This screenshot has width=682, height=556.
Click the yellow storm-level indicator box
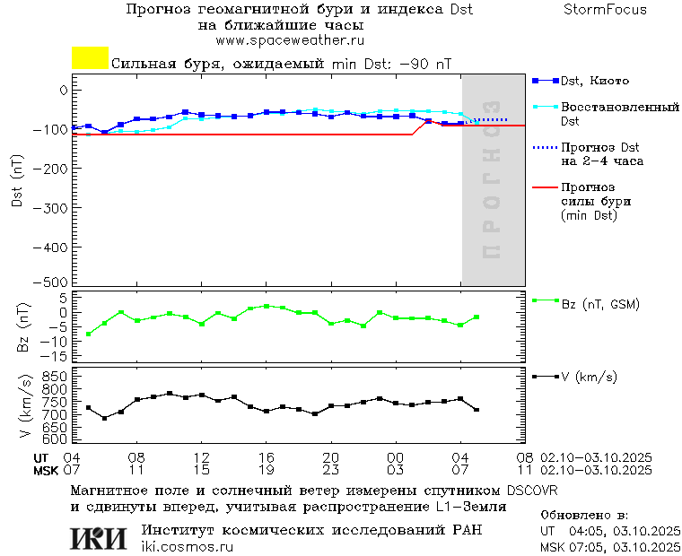tap(90, 58)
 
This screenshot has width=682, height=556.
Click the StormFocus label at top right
tap(605, 10)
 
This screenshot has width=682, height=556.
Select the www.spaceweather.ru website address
tap(289, 40)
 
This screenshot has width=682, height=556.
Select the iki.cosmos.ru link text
tap(188, 547)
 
